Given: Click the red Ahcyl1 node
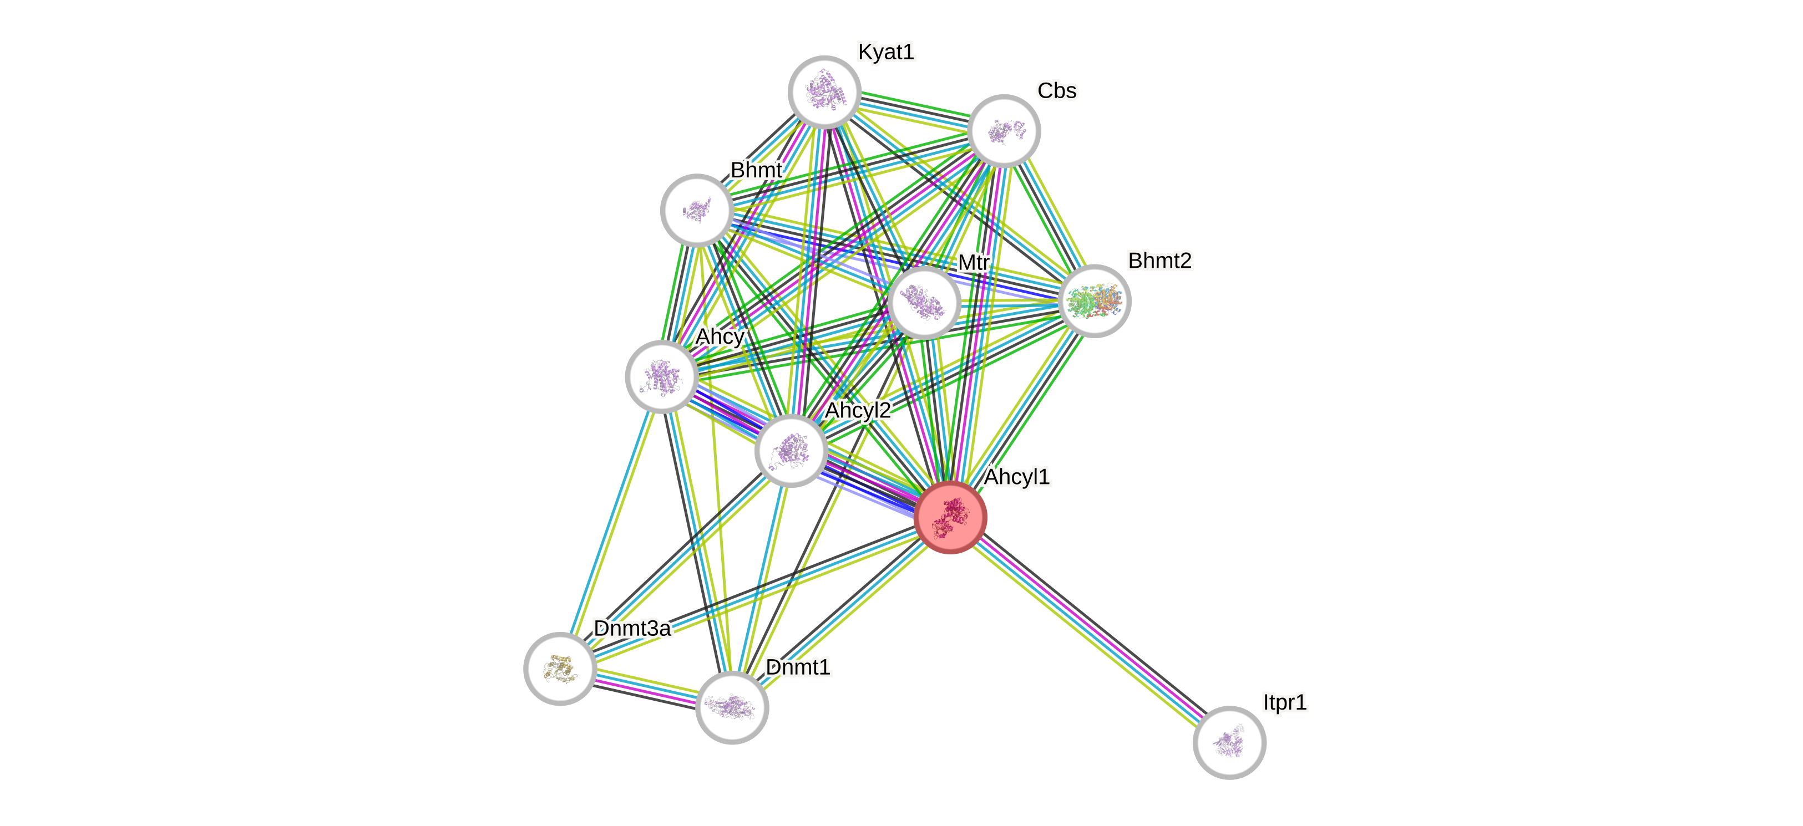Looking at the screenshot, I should pos(950,517).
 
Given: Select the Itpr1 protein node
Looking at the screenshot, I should pos(1229,742).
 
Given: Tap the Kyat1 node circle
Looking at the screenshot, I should pos(824,93).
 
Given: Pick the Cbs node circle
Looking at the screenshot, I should pos(1004,131).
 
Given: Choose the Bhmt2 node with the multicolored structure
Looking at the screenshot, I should pos(1094,302).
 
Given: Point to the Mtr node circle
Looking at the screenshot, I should pos(924,303).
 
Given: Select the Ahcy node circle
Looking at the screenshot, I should pos(661,376).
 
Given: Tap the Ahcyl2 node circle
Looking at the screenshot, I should pos(791,450).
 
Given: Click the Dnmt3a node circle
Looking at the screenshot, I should pos(560,669).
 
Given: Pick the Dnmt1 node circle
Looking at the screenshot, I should pos(732,707).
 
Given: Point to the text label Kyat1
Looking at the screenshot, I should pos(886,52).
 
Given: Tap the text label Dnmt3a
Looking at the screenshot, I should pos(632,628).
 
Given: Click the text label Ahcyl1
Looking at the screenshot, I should pos(1016,476).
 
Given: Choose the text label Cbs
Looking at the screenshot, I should pos(1057,90).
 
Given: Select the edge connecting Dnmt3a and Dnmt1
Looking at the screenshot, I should pos(646,688).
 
